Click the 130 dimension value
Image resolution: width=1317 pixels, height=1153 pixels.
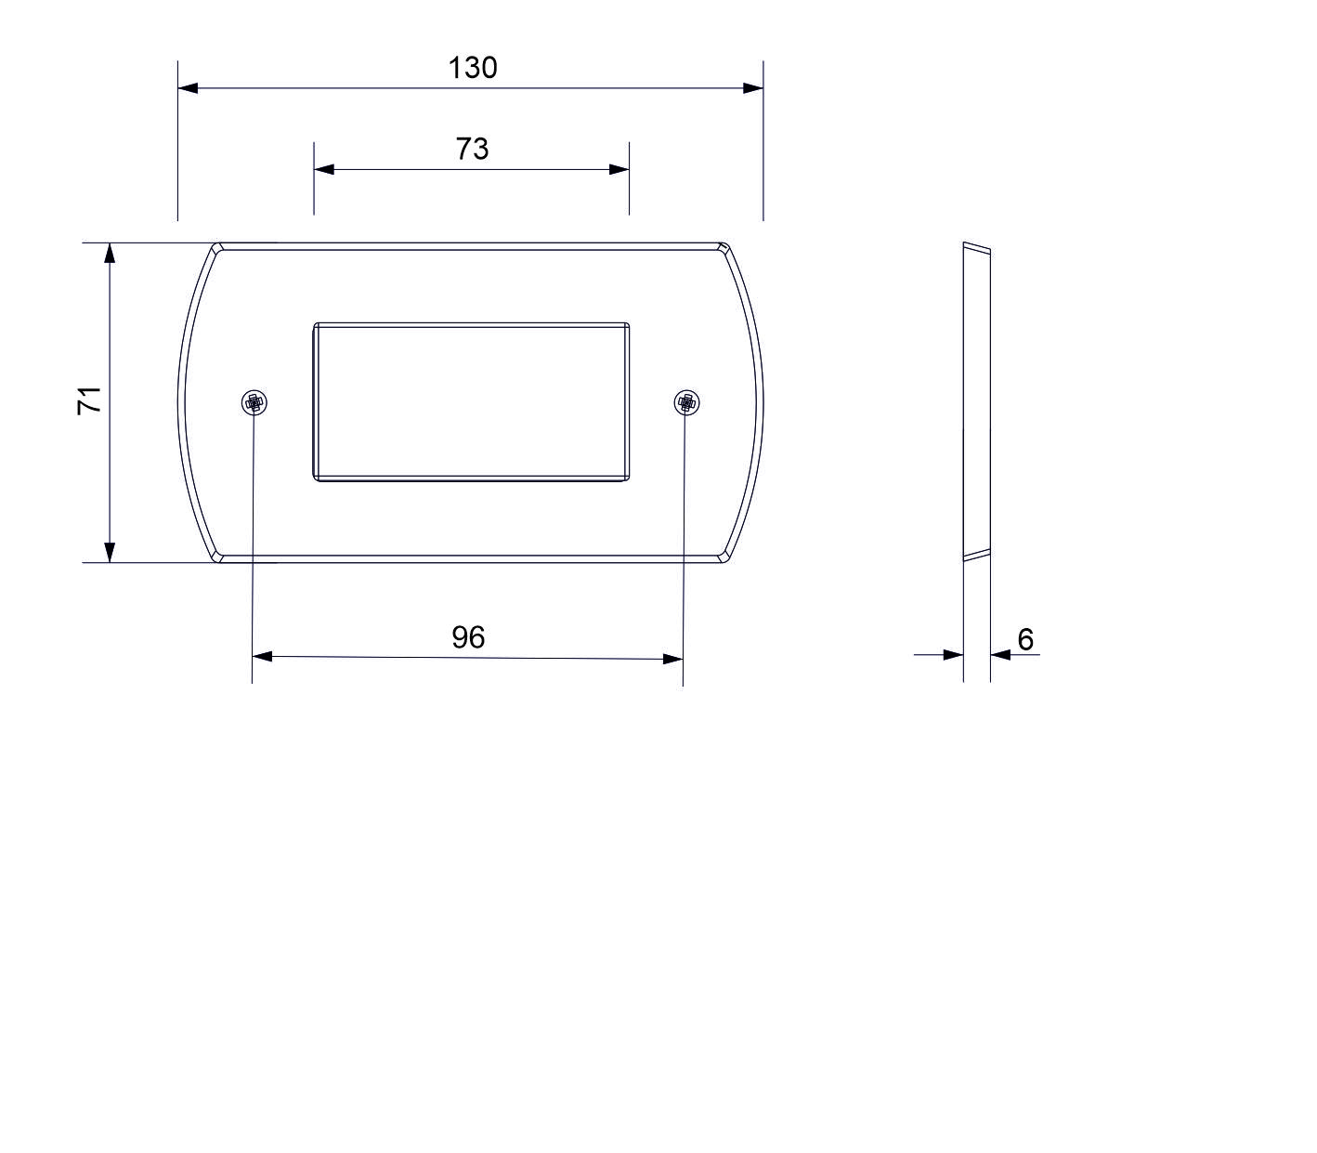473,68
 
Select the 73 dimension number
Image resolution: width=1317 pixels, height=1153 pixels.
473,149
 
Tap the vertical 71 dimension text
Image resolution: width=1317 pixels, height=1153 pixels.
89,400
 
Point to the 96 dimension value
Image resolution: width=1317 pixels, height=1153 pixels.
468,637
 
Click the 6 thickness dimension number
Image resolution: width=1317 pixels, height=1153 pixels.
1025,639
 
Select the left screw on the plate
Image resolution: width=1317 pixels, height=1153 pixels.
254,402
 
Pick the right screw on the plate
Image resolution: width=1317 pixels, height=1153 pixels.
686,402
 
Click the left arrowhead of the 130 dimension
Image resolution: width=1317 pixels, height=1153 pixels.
188,87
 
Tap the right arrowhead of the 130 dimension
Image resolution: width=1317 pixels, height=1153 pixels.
753,88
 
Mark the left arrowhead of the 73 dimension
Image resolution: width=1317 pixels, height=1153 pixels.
324,169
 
